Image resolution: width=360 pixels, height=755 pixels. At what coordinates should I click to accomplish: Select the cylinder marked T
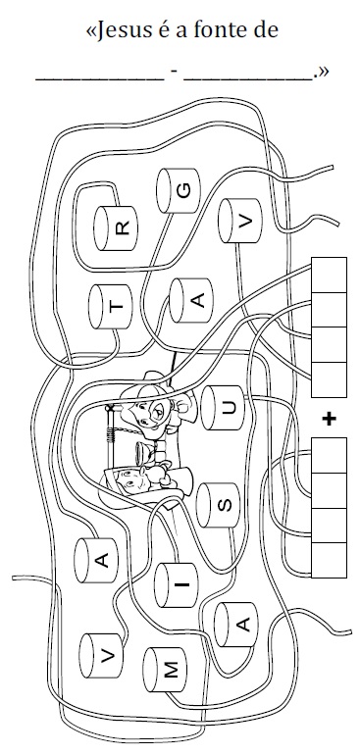click(109, 307)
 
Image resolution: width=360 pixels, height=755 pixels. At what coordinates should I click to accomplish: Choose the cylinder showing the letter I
click(176, 586)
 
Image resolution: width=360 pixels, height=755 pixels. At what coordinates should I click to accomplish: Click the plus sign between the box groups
click(329, 419)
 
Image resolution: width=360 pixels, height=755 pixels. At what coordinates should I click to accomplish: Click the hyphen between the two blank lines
click(174, 72)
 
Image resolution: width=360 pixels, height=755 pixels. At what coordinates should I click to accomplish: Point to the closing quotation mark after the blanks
click(323, 72)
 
